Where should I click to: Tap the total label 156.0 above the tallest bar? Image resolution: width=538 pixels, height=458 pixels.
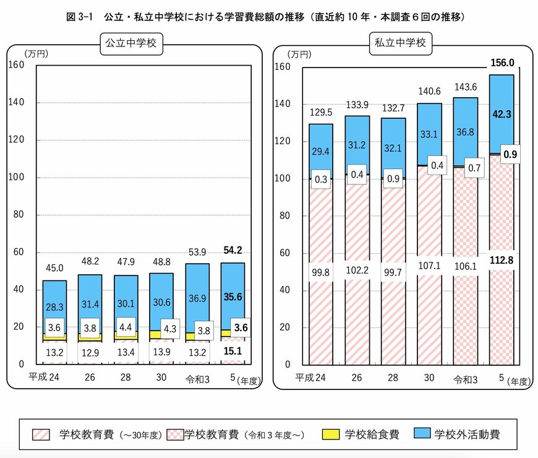coord(502,63)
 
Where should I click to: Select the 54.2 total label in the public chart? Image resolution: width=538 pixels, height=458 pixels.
coord(233,251)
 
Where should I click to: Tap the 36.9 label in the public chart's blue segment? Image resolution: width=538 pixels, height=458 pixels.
coord(197,298)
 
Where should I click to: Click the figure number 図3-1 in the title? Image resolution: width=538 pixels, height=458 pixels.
coord(80,17)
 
